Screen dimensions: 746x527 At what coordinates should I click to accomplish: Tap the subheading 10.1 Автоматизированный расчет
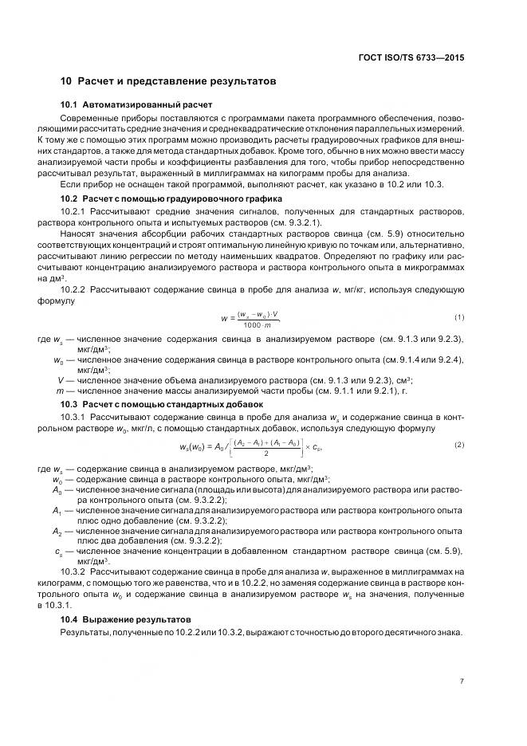pyautogui.click(x=136, y=105)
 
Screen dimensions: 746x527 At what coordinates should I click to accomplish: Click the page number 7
pyautogui.click(x=462, y=680)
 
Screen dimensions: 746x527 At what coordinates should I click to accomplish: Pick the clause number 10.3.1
pyautogui.click(x=73, y=417)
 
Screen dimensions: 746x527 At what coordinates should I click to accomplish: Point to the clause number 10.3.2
pyautogui.click(x=73, y=572)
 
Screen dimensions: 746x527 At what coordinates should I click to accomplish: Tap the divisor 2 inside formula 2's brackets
pyautogui.click(x=254, y=452)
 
